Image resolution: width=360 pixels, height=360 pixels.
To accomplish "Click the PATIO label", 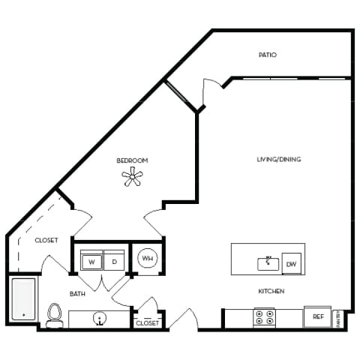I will pyautogui.click(x=268, y=55).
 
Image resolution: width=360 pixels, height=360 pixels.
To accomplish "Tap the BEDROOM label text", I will pyautogui.click(x=132, y=160).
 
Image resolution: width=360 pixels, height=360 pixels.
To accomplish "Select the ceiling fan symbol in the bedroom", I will pyautogui.click(x=133, y=177).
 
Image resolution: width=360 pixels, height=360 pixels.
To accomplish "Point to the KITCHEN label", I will pyautogui.click(x=271, y=291).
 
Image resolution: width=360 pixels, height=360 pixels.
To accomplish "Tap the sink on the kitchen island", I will pyautogui.click(x=268, y=263).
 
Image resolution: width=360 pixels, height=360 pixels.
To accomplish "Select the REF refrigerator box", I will pyautogui.click(x=317, y=317).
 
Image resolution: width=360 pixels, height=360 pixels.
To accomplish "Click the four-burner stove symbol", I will pyautogui.click(x=263, y=317).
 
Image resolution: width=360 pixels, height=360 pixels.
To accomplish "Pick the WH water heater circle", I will pyautogui.click(x=147, y=259).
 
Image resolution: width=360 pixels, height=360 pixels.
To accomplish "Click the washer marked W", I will pyautogui.click(x=91, y=262).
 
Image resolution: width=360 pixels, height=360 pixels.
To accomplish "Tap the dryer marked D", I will pyautogui.click(x=114, y=262).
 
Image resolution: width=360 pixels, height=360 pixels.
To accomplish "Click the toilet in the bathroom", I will pyautogui.click(x=54, y=316).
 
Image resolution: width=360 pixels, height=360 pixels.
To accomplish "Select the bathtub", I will pyautogui.click(x=23, y=300).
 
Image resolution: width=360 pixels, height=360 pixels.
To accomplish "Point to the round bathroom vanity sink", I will pyautogui.click(x=99, y=319).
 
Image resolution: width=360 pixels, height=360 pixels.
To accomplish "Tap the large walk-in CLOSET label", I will pyautogui.click(x=46, y=241).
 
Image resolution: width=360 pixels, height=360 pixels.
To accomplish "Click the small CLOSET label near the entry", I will pyautogui.click(x=147, y=323).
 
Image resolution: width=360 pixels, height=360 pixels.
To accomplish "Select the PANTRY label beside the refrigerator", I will pyautogui.click(x=337, y=316).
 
